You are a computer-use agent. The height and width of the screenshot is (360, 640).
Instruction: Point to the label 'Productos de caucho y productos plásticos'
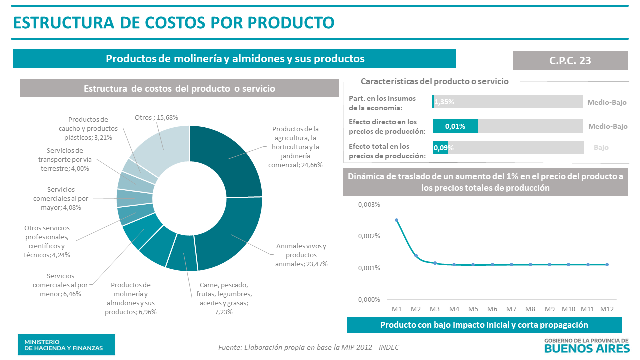click(x=90, y=128)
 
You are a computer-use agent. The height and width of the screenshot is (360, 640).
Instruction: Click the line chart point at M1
click(x=397, y=220)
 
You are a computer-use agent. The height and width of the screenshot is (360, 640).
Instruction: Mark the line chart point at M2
click(x=416, y=256)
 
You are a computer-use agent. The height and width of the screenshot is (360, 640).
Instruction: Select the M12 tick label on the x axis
click(x=607, y=309)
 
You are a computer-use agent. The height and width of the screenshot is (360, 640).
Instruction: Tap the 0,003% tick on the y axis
click(x=369, y=205)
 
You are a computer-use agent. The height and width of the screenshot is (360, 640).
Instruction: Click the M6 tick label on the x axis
click(x=492, y=309)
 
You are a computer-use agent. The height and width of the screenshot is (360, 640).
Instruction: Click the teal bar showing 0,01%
click(x=455, y=126)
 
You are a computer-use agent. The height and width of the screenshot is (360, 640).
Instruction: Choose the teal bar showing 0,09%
click(x=440, y=148)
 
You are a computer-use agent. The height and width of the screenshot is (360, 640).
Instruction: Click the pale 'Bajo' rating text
click(x=601, y=147)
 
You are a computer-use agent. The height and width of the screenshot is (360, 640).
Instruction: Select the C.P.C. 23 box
click(x=570, y=60)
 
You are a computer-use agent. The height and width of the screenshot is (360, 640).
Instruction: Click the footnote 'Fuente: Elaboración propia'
click(x=309, y=347)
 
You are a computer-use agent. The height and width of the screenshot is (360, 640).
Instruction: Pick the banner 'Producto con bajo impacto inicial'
click(x=484, y=325)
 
